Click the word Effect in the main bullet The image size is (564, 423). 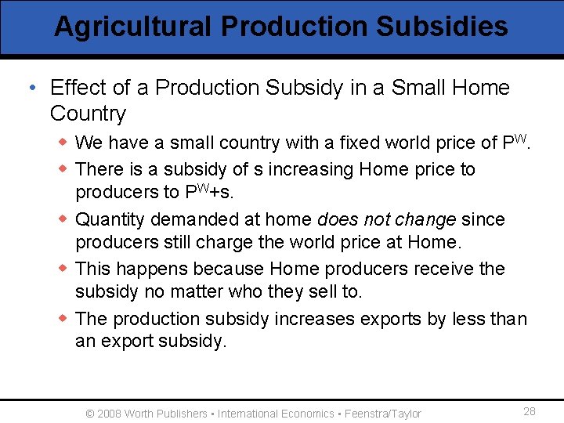coord(77,88)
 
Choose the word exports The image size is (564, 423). coord(381,319)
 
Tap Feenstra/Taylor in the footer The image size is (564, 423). coord(383,414)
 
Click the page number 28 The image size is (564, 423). coord(530,412)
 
